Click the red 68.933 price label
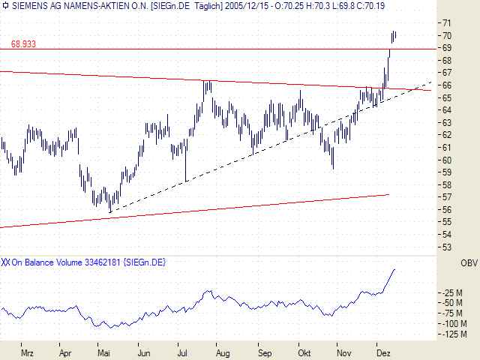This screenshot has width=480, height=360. [24, 44]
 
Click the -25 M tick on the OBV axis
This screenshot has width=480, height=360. [453, 292]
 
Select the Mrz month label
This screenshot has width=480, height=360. [28, 352]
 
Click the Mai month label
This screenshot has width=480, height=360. [103, 352]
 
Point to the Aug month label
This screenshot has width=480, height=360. [222, 352]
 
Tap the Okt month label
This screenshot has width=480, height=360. [304, 352]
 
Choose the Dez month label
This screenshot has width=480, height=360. [383, 352]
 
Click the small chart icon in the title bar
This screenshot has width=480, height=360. [6, 7]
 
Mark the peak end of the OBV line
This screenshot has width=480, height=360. [394, 268]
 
